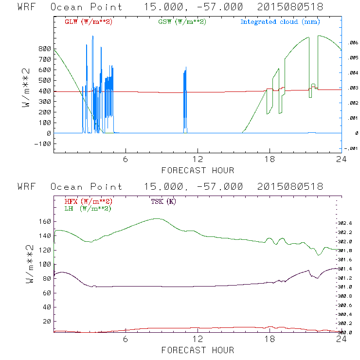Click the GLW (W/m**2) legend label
click(x=88, y=22)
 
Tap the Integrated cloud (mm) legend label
click(x=280, y=22)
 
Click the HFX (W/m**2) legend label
click(x=88, y=201)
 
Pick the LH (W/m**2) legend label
click(x=88, y=208)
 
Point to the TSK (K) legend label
click(x=163, y=201)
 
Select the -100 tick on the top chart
click(x=43, y=144)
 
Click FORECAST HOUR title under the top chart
click(x=198, y=170)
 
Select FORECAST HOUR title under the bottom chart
click(x=198, y=350)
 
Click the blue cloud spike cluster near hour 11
click(x=185, y=97)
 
